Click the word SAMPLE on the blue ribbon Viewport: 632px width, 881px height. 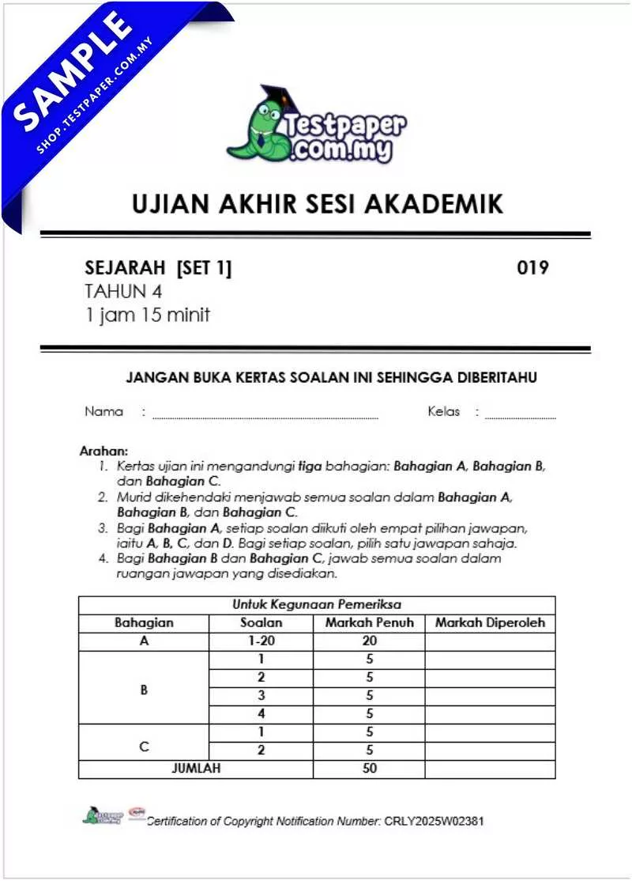[75, 71]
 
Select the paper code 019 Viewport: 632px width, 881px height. [532, 268]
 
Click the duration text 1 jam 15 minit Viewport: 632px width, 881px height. [148, 315]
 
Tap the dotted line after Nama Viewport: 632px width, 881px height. [265, 416]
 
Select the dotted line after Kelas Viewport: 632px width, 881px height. [520, 416]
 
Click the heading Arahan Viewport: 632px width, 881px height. [103, 451]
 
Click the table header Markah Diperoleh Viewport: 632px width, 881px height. [490, 622]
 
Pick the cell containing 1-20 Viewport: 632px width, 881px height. [261, 641]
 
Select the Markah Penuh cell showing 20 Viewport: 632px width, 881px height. [369, 641]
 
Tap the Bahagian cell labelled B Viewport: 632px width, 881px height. [144, 689]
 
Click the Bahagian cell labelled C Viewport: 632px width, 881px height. [144, 743]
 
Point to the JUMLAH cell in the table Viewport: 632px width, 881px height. [195, 768]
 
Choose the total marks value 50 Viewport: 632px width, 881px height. [369, 768]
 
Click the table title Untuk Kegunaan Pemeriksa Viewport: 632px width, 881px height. [316, 604]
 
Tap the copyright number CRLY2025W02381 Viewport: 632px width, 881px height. [434, 821]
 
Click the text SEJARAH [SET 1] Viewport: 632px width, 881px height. [158, 268]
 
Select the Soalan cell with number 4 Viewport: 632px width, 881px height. [261, 714]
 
